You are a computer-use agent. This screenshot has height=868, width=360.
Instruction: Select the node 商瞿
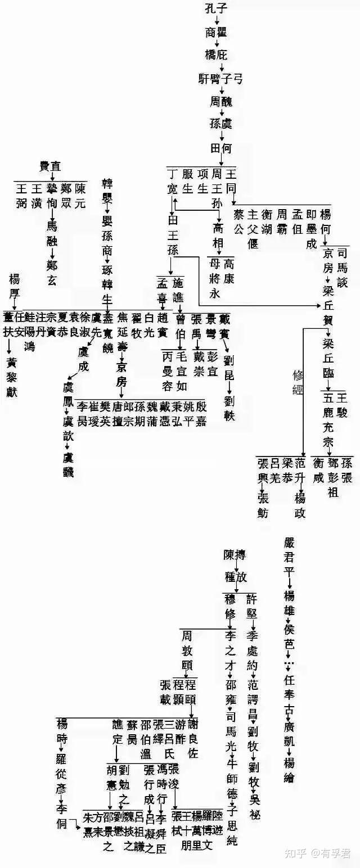click(217, 32)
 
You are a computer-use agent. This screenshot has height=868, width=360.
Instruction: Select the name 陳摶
click(235, 555)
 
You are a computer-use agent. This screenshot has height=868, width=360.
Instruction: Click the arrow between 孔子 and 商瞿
click(217, 20)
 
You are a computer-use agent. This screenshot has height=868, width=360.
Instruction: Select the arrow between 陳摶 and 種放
click(237, 567)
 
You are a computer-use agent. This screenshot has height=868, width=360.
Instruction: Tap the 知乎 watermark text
click(297, 853)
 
